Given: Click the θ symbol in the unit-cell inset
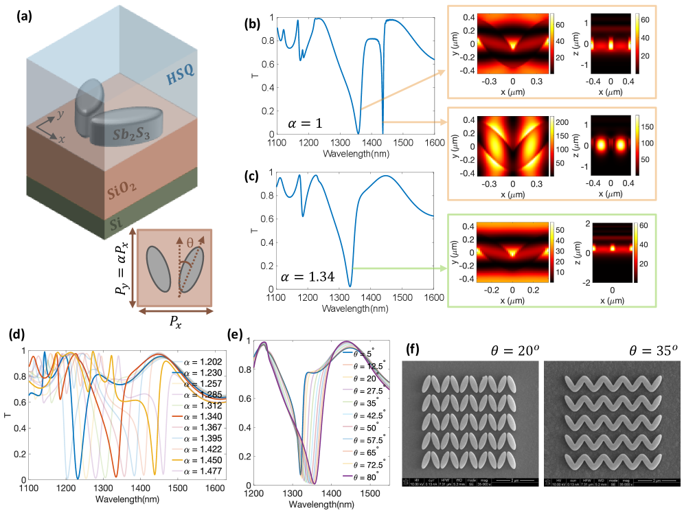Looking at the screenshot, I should pos(187,244).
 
